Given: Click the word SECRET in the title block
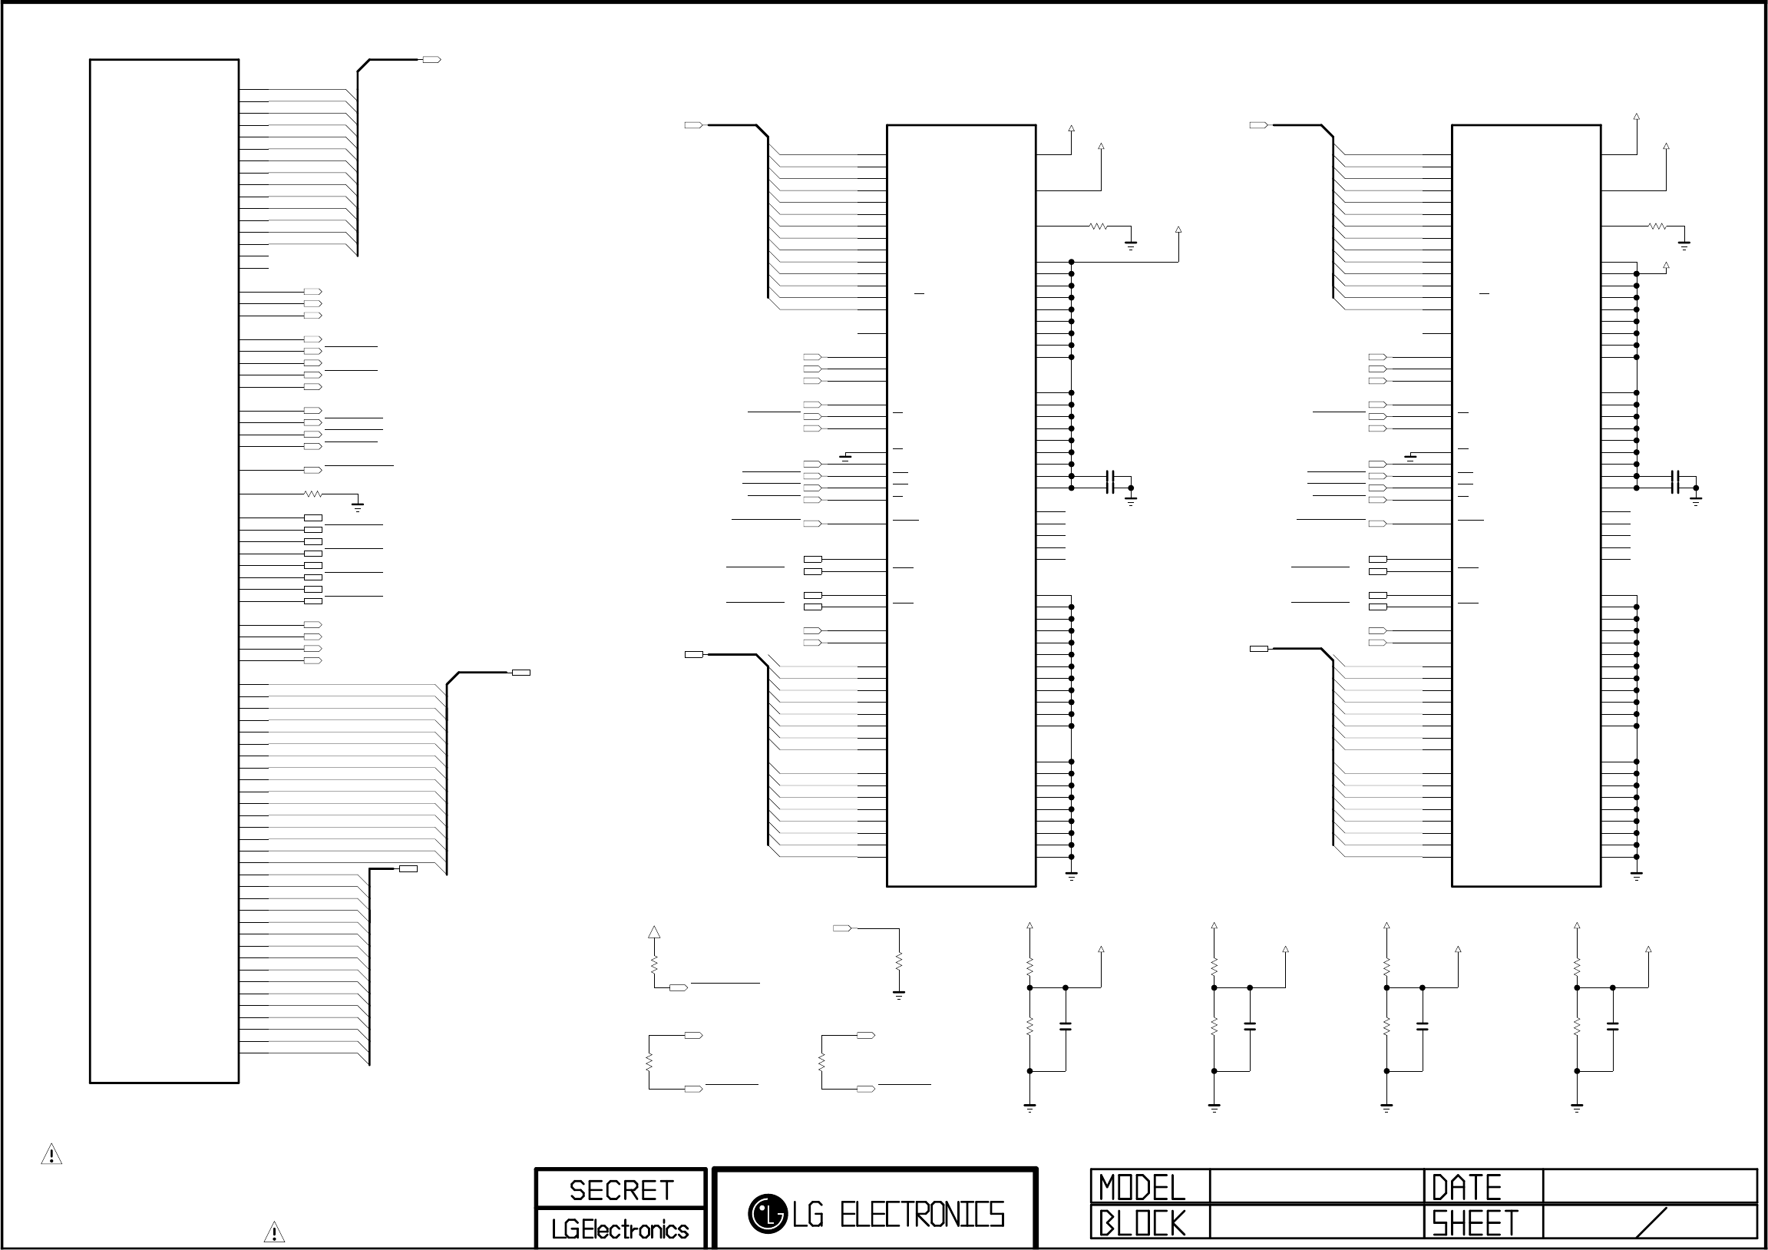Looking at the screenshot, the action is click(x=620, y=1190).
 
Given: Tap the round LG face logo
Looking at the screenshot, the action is click(x=766, y=1214).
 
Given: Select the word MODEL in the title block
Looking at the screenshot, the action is click(x=1142, y=1187).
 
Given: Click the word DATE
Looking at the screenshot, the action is click(x=1466, y=1187).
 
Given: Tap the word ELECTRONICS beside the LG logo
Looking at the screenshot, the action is click(x=922, y=1215).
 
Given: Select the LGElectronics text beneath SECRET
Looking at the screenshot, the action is click(x=620, y=1229).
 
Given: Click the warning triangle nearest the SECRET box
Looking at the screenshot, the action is click(x=274, y=1232).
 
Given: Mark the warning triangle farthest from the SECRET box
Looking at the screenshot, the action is click(x=51, y=1154).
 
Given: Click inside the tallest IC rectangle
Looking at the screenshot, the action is click(x=164, y=570).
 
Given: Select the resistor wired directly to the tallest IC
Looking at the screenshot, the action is click(x=313, y=494).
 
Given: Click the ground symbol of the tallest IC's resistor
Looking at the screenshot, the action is click(x=357, y=506).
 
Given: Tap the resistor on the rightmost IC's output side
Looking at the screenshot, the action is click(x=1657, y=227).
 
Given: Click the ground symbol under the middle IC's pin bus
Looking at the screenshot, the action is click(x=1071, y=876).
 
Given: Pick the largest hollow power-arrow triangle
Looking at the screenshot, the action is click(x=654, y=932).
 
